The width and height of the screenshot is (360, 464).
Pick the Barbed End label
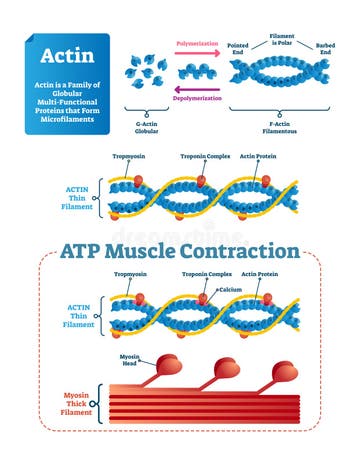click(x=325, y=48)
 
